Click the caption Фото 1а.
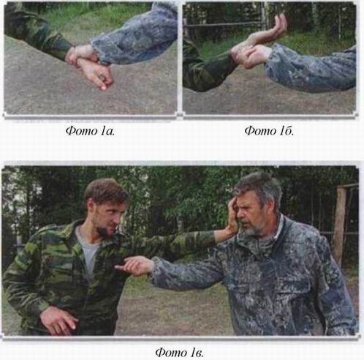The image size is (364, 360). coord(90,131)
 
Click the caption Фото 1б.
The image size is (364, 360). coord(269,131)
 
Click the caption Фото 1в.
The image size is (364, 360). coord(179,353)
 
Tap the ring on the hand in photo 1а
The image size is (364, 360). coord(102,77)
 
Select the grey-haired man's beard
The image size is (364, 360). coord(254,229)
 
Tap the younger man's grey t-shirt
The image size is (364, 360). coord(89,251)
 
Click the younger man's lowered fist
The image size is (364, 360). coord(58,320)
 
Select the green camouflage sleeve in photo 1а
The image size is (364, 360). coord(37,31)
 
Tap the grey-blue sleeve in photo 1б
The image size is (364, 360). coord(312,68)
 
